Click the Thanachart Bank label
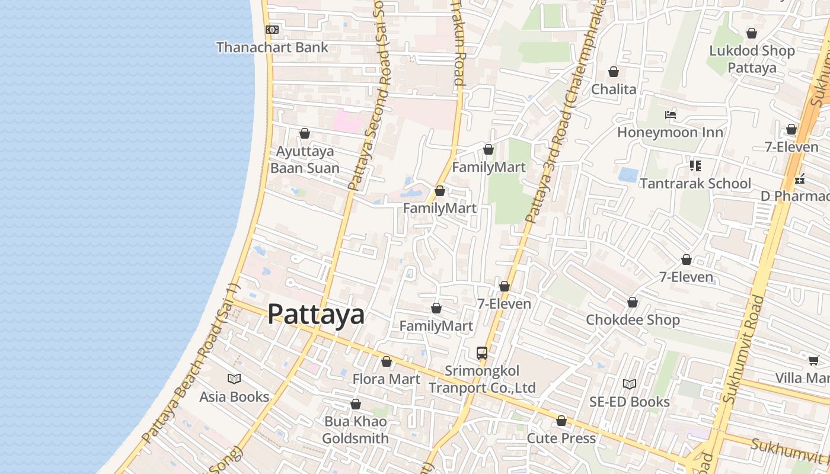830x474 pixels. tap(272, 47)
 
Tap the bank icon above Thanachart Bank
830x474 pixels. tap(272, 29)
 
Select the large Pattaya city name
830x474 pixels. tap(316, 314)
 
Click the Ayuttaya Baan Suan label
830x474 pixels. tap(305, 159)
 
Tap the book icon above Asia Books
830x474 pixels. tap(234, 379)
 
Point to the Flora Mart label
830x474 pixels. tap(387, 379)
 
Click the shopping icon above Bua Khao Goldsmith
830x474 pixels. tap(356, 404)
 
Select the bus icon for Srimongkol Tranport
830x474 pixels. tap(482, 353)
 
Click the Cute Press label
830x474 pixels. tap(561, 438)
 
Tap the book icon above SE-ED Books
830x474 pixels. tap(630, 384)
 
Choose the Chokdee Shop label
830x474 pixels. tap(633, 320)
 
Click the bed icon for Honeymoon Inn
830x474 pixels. tap(671, 114)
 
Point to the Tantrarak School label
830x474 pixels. tap(695, 184)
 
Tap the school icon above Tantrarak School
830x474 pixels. tap(695, 166)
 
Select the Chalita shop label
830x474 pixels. tap(614, 89)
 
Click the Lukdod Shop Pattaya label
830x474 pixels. tap(752, 59)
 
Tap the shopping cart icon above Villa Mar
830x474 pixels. tap(813, 360)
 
